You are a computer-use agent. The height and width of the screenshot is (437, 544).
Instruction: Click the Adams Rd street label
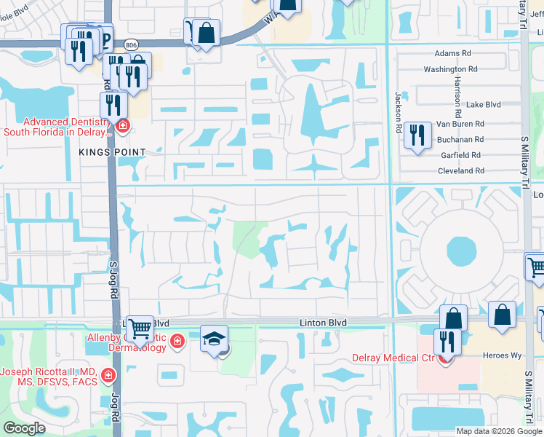(x=452, y=54)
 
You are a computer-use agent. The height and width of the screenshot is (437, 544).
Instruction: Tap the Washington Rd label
(x=450, y=69)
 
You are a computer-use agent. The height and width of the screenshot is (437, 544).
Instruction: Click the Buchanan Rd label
(x=460, y=139)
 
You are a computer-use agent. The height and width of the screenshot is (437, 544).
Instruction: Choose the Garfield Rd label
(x=461, y=155)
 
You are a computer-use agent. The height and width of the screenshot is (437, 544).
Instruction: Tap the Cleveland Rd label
(x=460, y=170)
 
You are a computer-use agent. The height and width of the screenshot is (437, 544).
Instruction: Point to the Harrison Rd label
(x=457, y=97)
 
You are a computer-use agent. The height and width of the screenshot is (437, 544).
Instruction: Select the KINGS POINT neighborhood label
(x=114, y=151)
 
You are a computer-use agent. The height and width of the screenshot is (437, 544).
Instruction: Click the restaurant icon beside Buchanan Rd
(x=417, y=135)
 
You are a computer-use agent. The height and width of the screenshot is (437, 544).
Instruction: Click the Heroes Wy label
(x=498, y=356)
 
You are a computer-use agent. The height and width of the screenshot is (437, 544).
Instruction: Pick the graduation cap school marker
(x=214, y=339)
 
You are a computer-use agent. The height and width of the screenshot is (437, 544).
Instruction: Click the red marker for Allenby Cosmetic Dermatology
(x=177, y=341)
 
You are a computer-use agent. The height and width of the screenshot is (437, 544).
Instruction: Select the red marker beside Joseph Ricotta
(x=108, y=376)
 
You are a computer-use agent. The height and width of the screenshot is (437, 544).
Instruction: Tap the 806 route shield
(x=131, y=44)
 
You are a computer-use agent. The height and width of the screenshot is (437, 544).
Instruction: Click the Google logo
(x=24, y=428)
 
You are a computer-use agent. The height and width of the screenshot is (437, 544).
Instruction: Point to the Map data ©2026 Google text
(x=499, y=431)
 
